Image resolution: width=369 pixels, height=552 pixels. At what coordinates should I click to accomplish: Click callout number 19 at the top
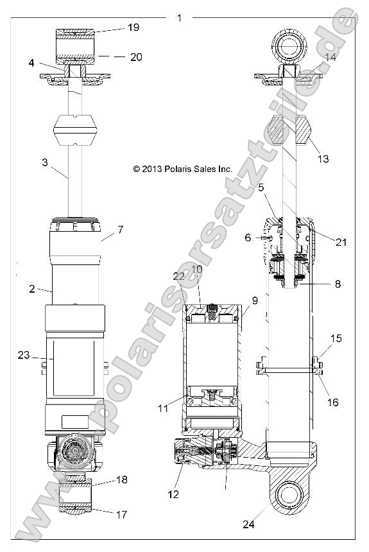click(133, 28)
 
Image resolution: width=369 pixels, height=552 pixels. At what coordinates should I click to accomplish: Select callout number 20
click(135, 56)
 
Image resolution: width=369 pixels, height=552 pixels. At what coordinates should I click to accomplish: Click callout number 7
click(121, 229)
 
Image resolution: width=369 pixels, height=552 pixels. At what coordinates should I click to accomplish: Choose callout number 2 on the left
click(31, 288)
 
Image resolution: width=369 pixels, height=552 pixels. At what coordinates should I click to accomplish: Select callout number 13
click(323, 159)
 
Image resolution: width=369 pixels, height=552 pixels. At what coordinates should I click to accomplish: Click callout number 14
click(330, 58)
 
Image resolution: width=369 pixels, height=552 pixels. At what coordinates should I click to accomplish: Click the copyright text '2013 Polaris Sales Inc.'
click(183, 169)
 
